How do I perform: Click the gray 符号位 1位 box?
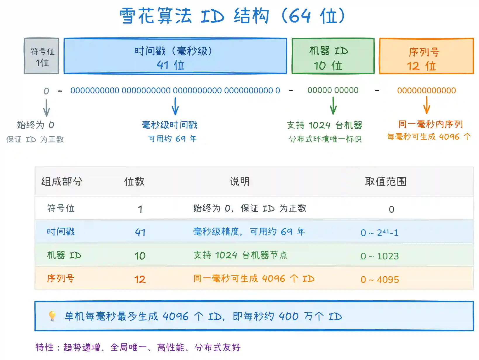point(41,56)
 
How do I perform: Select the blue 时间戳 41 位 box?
point(175,56)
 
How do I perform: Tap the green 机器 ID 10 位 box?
point(333,56)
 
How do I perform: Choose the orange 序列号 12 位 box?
point(426,56)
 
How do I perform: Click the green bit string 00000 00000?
point(333,90)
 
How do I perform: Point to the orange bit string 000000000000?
point(427,90)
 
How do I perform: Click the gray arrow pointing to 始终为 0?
point(46,108)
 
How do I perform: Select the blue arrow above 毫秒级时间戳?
point(175,106)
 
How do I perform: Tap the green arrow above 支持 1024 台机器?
point(333,106)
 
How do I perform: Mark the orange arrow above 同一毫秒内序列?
point(427,105)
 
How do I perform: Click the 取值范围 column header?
point(386,181)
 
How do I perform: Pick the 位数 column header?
point(134,181)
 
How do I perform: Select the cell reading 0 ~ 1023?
point(380,256)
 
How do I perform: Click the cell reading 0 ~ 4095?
point(380,279)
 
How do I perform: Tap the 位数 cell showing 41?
point(140,232)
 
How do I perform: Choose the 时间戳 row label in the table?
point(61,231)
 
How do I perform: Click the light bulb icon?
point(52,316)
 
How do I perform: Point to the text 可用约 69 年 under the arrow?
point(172,139)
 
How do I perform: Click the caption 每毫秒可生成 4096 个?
point(429,137)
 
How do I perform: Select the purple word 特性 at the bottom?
point(44,347)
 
